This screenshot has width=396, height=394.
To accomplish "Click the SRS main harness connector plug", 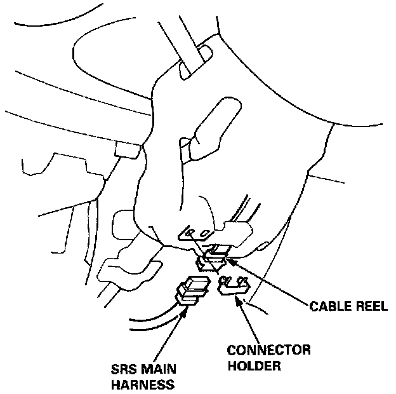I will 193,290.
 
